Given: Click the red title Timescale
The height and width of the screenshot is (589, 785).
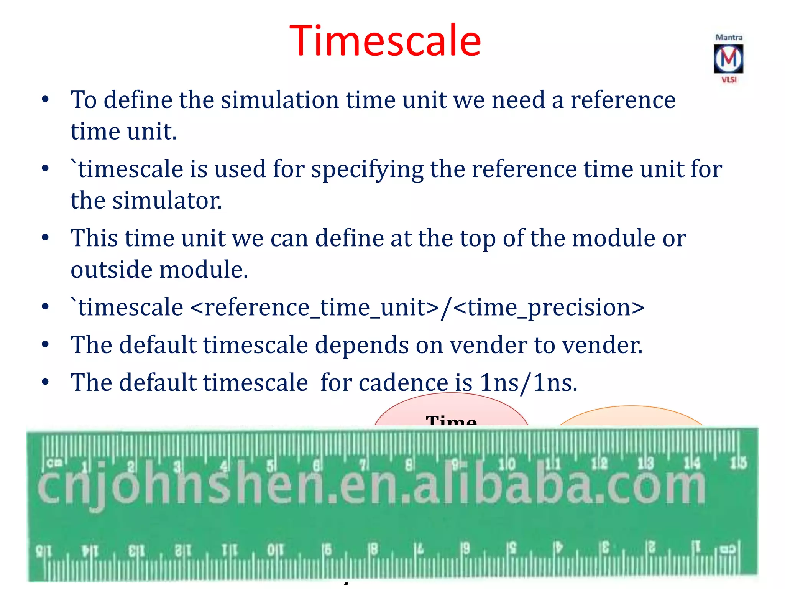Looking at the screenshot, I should tap(385, 41).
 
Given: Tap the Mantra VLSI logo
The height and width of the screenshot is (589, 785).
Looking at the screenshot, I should tap(728, 59).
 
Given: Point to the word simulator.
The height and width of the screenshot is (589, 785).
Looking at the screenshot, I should tap(167, 201).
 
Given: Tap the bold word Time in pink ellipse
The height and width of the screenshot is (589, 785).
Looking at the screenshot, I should tap(451, 420).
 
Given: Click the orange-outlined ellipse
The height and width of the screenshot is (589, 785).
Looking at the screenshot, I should tap(631, 416).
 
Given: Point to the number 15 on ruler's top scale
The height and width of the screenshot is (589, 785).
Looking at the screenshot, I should tap(738, 463).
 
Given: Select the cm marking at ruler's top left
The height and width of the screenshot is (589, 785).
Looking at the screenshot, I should tap(54, 463).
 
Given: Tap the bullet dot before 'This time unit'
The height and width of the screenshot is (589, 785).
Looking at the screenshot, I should tap(45, 238).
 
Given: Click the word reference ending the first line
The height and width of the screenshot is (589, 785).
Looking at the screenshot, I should tap(623, 100).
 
